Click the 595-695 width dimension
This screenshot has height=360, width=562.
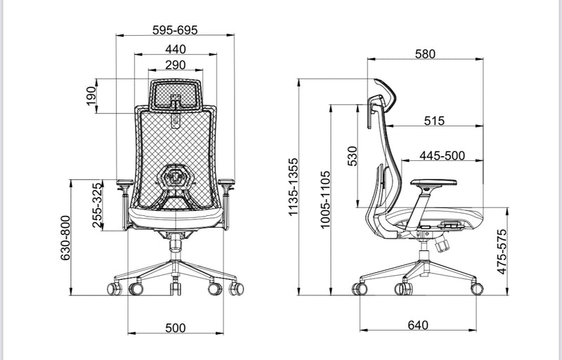point(175,30)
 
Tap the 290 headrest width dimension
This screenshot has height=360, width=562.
point(175,65)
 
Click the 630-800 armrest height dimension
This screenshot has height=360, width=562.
point(65,238)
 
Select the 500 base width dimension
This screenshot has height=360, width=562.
point(175,328)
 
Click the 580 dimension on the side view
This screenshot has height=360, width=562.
point(425,54)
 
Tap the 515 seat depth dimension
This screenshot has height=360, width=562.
point(434,121)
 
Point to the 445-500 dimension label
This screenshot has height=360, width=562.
point(443,155)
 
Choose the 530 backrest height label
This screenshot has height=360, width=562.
point(353,156)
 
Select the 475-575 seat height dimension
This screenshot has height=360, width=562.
point(501,251)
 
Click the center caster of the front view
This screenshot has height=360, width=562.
point(174,288)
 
